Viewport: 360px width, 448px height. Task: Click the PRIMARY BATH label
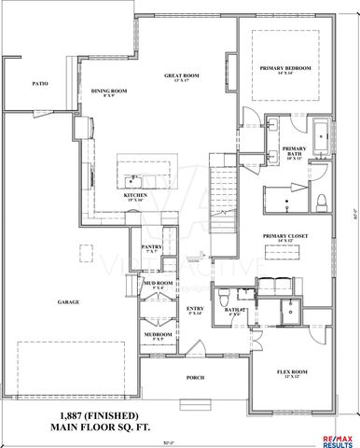click(x=295, y=150)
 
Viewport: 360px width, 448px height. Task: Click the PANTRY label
click(x=152, y=248)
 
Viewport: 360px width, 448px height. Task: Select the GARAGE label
click(x=66, y=302)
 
